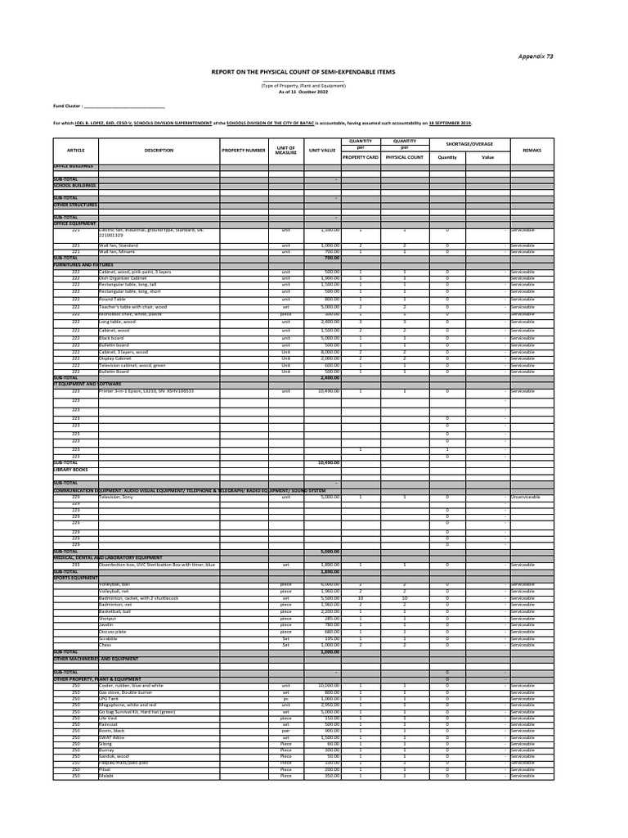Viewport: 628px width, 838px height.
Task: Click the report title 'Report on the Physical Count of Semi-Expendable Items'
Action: (303, 72)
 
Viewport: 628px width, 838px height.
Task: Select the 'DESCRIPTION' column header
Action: (159, 151)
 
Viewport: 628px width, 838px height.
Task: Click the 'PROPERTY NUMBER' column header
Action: (244, 151)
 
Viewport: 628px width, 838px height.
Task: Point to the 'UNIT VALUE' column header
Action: (322, 151)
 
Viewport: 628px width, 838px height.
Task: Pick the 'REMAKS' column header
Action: (532, 151)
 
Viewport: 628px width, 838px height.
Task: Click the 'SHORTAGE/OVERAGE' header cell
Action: (469, 144)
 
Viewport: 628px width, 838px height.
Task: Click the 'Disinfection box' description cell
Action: (156, 565)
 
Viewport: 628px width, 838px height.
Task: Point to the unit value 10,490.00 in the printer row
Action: (327, 392)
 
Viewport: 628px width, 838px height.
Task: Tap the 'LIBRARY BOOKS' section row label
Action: (71, 469)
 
